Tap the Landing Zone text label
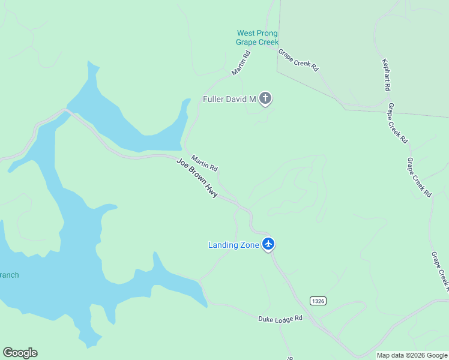tap(234, 245)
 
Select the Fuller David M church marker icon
tap(265, 99)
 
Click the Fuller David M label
tap(229, 99)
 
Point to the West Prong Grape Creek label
tap(258, 38)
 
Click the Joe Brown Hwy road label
tap(196, 178)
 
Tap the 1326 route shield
tap(318, 301)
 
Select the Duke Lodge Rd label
tap(280, 319)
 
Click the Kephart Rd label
tap(387, 75)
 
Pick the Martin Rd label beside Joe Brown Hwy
tap(204, 162)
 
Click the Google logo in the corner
tap(20, 353)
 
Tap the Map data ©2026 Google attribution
tap(412, 355)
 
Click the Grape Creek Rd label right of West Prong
tap(298, 60)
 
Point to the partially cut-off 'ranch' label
tap(8, 275)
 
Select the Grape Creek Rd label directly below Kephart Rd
tap(397, 122)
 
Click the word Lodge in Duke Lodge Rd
tap(282, 319)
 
